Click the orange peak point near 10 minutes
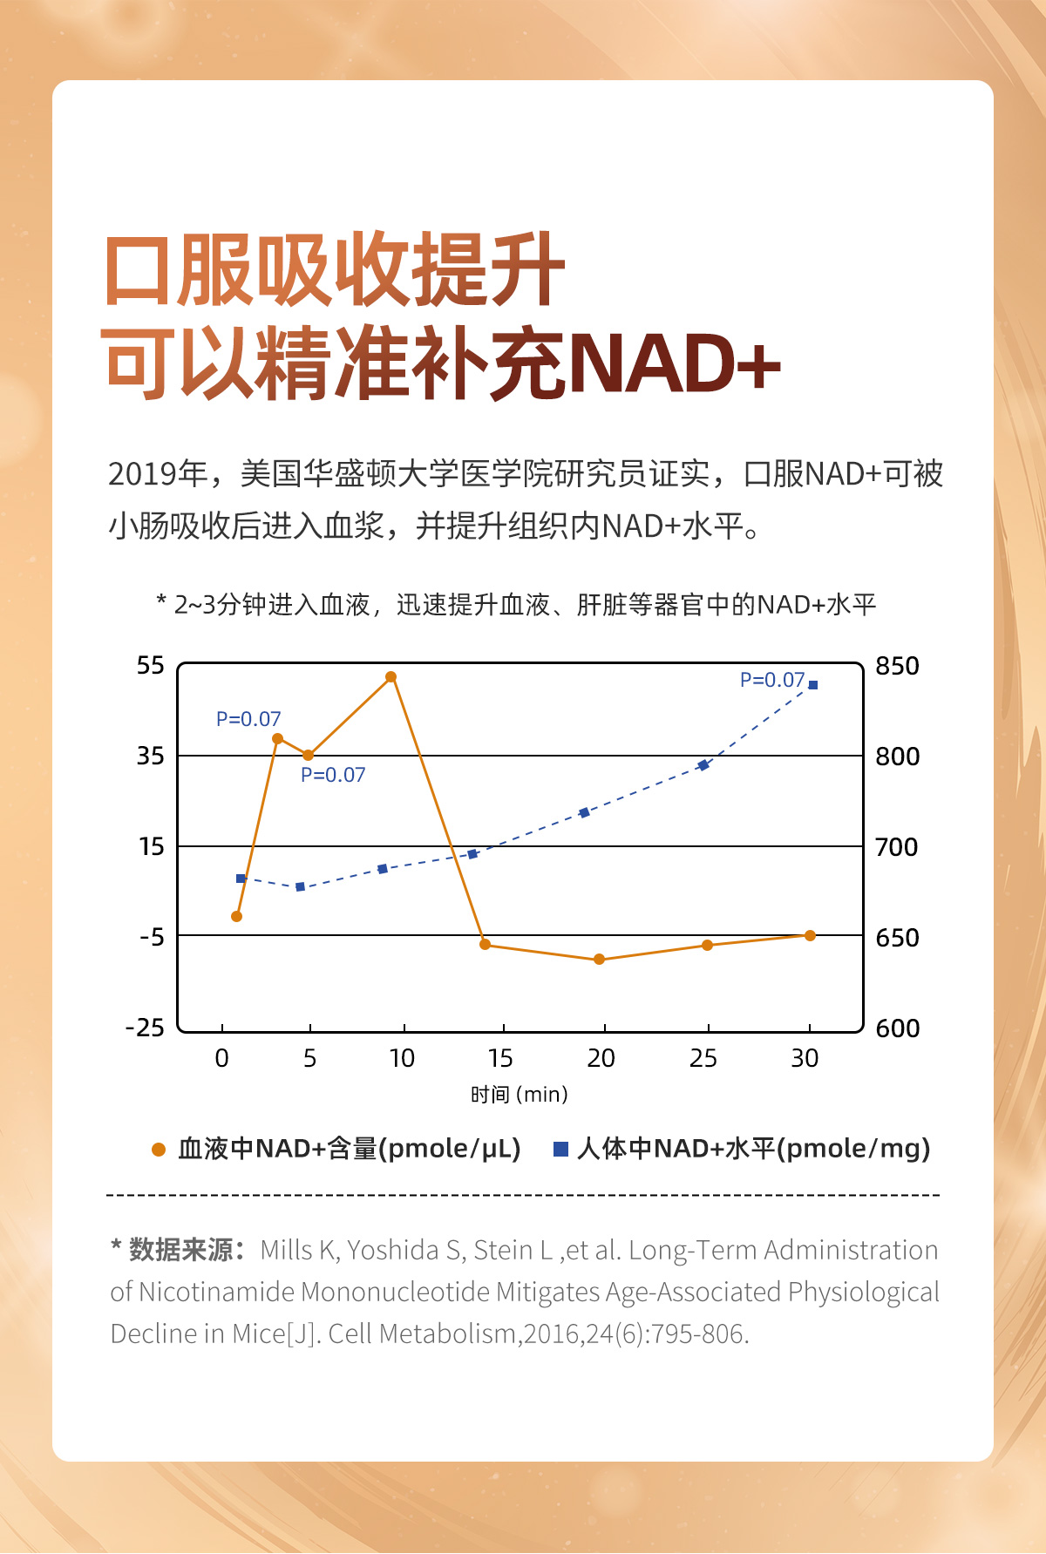tap(391, 677)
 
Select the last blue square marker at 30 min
tap(812, 685)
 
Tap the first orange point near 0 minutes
tap(236, 916)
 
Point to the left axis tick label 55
tap(150, 666)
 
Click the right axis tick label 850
tap(897, 666)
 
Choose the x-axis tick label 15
tap(500, 1058)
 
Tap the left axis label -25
tap(146, 1028)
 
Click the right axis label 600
tap(897, 1028)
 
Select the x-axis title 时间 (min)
tap(519, 1095)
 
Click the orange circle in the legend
tap(159, 1150)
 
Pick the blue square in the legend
tap(561, 1150)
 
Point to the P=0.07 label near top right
tap(771, 680)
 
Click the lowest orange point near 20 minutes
tap(599, 959)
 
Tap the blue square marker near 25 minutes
tap(703, 765)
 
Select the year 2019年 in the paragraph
tap(157, 474)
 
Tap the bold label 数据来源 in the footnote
tap(180, 1250)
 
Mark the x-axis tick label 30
tap(805, 1058)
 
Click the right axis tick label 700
tap(896, 847)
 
